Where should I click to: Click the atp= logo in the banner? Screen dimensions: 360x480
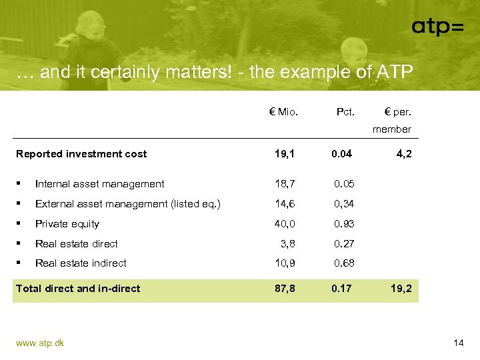point(437,27)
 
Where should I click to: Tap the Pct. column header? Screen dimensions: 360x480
point(345,111)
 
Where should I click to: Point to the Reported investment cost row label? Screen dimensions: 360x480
point(81,154)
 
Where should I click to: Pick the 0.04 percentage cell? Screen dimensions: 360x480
point(342,154)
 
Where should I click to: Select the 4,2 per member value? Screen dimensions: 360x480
point(404,154)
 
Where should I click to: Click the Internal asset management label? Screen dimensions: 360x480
point(99,184)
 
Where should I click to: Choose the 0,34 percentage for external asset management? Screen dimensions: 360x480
point(344,204)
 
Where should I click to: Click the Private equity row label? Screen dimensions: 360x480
point(67,224)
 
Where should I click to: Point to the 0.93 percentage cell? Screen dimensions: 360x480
point(344,224)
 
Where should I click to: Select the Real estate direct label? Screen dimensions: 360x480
point(76,244)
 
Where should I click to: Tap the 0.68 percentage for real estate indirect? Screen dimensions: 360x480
point(344,263)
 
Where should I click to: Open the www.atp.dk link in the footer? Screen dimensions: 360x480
point(40,343)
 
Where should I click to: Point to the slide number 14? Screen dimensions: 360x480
point(458,343)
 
